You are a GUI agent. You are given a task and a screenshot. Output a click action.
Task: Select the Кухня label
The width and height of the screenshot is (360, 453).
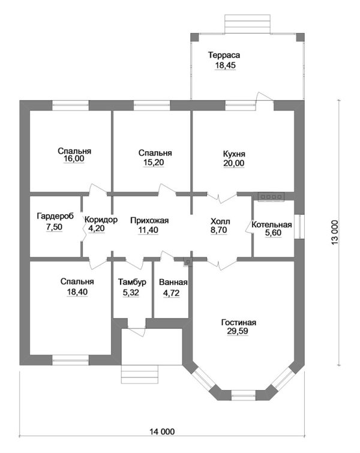233,153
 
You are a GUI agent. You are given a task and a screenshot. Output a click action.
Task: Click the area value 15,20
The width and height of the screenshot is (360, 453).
155,162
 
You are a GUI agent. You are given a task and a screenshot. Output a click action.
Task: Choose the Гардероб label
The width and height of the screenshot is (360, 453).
55,217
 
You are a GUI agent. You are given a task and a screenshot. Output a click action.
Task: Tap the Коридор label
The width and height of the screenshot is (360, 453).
101,220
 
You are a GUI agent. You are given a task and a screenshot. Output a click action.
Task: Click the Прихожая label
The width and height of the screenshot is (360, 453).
149,220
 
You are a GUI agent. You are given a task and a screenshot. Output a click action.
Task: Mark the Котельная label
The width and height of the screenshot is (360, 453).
271,225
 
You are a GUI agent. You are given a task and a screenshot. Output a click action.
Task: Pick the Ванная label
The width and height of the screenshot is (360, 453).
173,283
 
